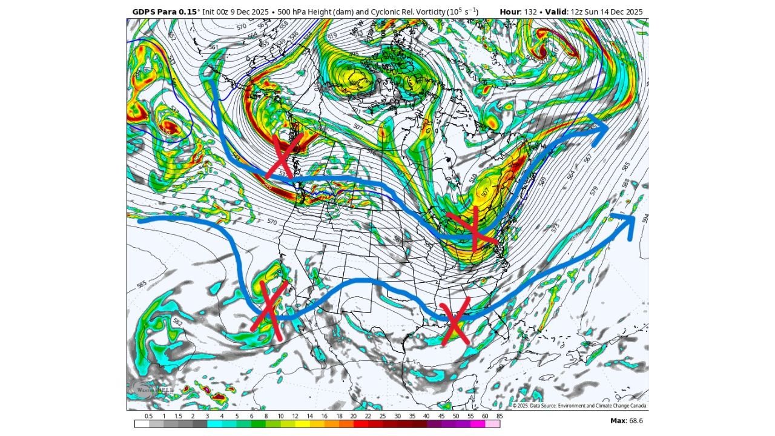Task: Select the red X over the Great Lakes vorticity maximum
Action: tap(474, 229)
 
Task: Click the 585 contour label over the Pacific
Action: tap(142, 284)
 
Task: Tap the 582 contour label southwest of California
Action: tap(177, 323)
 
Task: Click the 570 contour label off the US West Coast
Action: tap(272, 222)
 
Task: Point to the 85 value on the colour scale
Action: tap(498, 416)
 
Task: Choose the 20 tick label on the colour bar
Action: tap(353, 416)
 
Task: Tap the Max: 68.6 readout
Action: tap(626, 420)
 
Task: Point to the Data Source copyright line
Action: tap(579, 406)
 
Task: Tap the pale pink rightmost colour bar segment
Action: tap(493, 424)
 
